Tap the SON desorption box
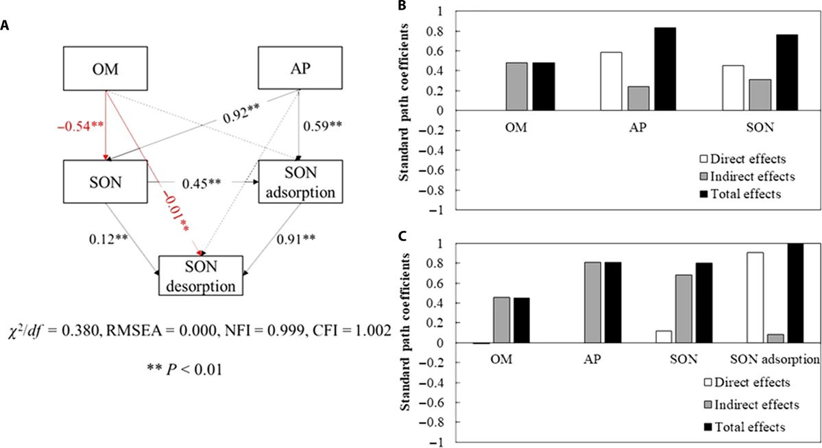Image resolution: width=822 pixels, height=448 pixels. [x=201, y=275]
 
